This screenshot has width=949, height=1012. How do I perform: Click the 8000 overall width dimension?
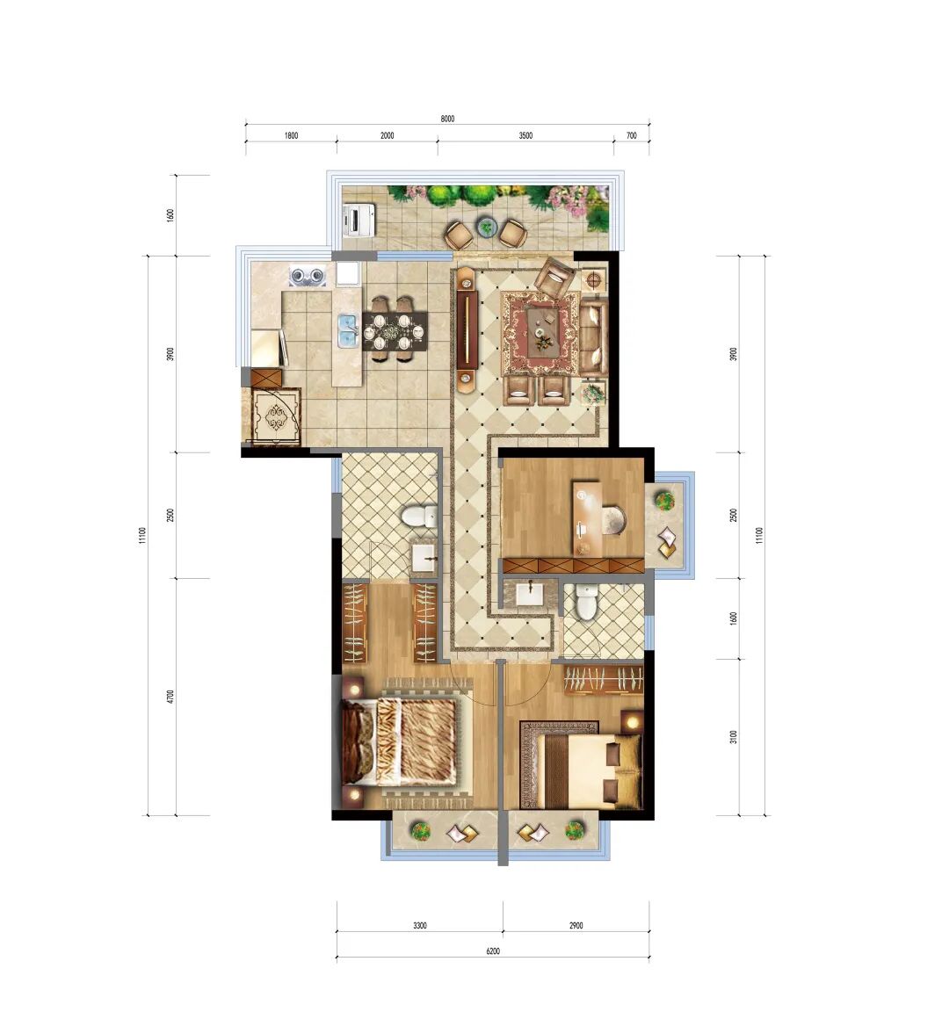coord(447,119)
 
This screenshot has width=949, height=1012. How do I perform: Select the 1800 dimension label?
coord(291,136)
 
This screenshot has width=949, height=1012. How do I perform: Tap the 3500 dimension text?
coord(525,136)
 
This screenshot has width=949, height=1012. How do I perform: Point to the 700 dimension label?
coord(631,136)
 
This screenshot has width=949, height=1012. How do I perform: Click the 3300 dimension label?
coord(420,925)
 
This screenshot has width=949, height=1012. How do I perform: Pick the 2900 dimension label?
coord(576,925)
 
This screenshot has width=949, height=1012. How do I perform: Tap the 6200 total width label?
coord(493,951)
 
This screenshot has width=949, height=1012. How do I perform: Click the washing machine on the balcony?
coord(360,219)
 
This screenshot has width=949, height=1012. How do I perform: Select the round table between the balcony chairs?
coord(486,228)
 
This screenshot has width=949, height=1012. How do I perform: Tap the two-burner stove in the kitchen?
coord(308,276)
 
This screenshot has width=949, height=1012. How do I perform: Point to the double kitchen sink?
coord(348,330)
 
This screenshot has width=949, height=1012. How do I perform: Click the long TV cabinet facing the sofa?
coord(467,331)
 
